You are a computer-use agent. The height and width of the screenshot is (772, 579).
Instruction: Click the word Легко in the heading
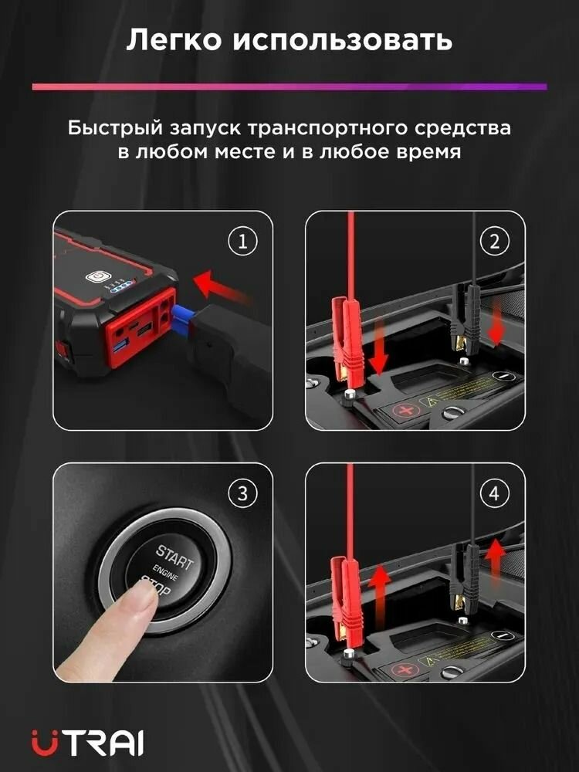point(174,40)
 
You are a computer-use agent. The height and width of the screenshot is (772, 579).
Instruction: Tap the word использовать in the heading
point(343,40)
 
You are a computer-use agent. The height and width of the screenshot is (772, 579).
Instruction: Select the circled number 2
point(494,241)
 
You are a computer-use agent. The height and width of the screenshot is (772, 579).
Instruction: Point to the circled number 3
point(242,493)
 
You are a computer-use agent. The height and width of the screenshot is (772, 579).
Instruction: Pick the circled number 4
point(494,493)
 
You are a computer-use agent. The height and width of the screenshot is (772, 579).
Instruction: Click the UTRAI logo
point(88,742)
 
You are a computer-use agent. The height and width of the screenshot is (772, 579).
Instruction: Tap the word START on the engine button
point(174,557)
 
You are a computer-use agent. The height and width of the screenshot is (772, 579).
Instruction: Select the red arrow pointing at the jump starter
point(219,287)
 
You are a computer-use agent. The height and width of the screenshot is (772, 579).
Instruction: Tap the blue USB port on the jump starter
point(120,347)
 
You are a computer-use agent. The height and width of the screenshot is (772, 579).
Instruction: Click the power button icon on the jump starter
point(96,276)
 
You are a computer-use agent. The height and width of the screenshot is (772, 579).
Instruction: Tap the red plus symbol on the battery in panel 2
point(406,410)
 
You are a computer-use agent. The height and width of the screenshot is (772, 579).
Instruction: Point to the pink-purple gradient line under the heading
point(289,86)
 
